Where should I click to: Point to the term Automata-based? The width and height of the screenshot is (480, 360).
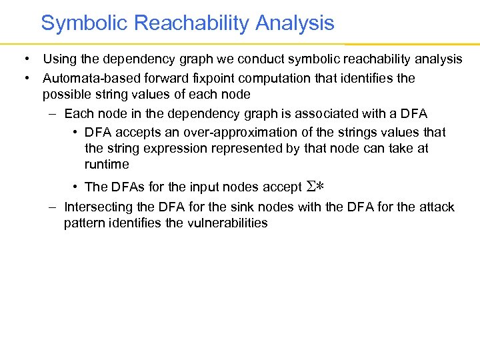(87, 78)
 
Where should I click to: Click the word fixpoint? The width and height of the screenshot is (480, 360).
(207, 78)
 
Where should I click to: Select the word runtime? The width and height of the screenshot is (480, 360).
(107, 164)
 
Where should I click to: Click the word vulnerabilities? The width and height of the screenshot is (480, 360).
(226, 223)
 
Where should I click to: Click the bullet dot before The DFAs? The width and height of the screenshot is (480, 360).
(77, 187)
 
